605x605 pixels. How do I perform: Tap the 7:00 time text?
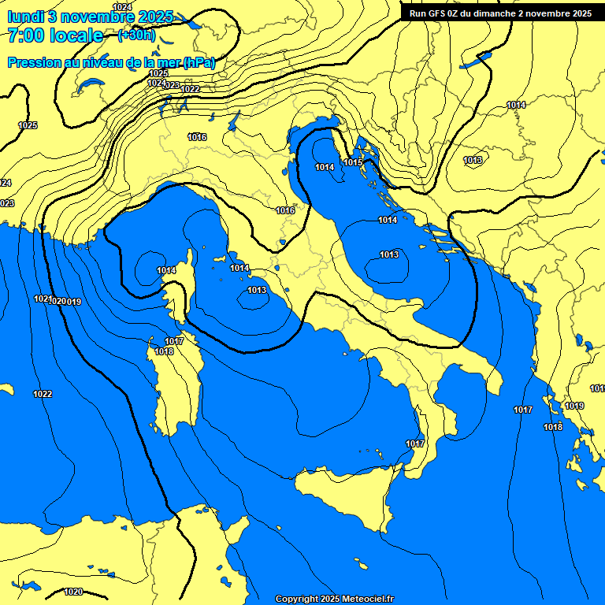point(24,35)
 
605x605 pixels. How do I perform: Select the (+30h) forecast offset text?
point(136,35)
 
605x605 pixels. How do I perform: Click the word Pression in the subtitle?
point(34,62)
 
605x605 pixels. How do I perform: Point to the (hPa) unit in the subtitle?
point(199,62)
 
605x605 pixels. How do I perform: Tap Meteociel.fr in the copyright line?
point(368,599)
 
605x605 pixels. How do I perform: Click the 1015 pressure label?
point(353,162)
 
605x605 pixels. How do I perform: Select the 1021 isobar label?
point(43,299)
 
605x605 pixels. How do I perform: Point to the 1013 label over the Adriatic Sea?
point(389,254)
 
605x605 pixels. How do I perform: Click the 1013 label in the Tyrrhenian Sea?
point(257,291)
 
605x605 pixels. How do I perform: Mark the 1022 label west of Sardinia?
point(43,394)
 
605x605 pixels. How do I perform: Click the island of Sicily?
point(347,496)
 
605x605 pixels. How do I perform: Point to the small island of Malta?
point(360,566)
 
